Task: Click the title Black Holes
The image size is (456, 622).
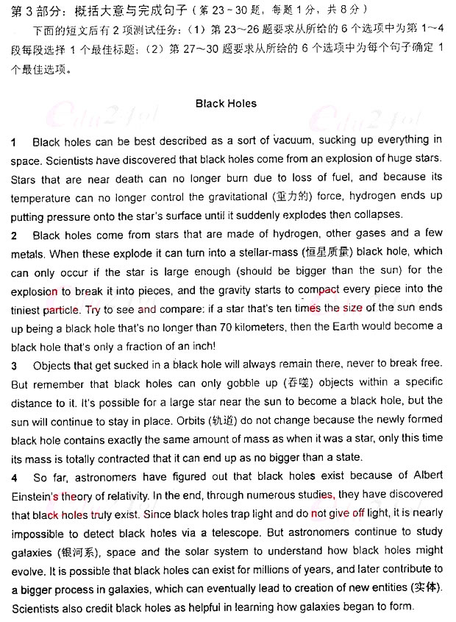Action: tap(226, 104)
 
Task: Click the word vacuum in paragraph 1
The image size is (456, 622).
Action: tap(293, 141)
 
